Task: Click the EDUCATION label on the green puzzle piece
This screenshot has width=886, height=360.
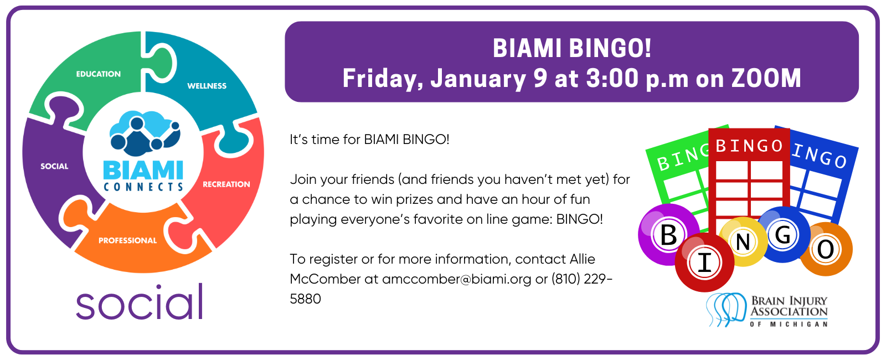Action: pyautogui.click(x=99, y=74)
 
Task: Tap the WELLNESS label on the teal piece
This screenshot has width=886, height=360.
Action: pyautogui.click(x=207, y=86)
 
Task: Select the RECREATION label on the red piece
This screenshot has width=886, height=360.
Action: pyautogui.click(x=226, y=184)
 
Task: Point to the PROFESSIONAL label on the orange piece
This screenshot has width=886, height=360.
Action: pyautogui.click(x=127, y=240)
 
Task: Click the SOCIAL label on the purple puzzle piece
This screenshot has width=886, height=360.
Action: pyautogui.click(x=55, y=166)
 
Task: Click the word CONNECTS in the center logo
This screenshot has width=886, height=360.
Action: pyautogui.click(x=143, y=187)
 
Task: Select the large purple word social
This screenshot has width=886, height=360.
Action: pyautogui.click(x=140, y=302)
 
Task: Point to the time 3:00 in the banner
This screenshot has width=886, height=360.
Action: pyautogui.click(x=612, y=78)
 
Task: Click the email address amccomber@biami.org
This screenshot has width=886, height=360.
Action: pyautogui.click(x=457, y=279)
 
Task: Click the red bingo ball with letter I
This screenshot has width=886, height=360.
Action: pyautogui.click(x=704, y=262)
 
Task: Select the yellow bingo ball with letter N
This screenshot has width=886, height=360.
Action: pyautogui.click(x=743, y=241)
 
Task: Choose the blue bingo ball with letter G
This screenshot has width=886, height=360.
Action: pyautogui.click(x=783, y=234)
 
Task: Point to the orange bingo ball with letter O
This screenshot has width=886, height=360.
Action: pyautogui.click(x=826, y=249)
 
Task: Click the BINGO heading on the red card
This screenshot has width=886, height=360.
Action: pyautogui.click(x=749, y=146)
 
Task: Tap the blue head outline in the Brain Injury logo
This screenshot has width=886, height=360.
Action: pyautogui.click(x=726, y=310)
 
